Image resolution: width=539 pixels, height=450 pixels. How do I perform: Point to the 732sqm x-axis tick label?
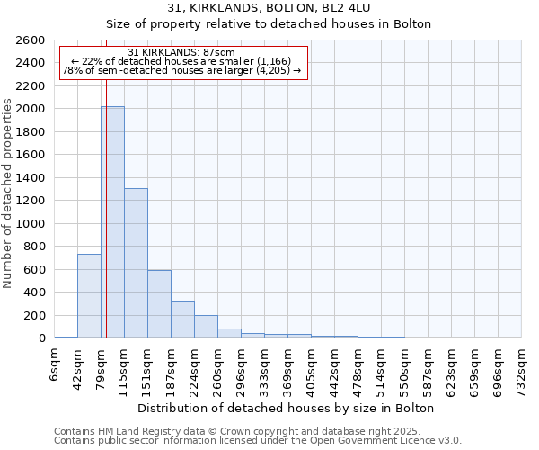click(522, 369)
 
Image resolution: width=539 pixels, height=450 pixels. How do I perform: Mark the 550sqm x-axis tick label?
click(405, 369)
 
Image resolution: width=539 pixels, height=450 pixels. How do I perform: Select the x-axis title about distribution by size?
click(287, 408)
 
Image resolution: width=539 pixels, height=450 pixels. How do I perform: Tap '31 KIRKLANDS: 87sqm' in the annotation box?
click(181, 53)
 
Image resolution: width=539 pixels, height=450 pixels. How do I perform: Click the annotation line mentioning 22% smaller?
click(181, 61)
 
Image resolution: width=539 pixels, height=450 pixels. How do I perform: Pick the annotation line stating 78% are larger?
click(181, 69)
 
